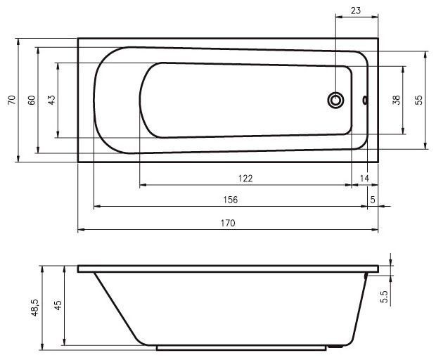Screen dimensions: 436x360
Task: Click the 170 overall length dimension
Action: coord(228,223)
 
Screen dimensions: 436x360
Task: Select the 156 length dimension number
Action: coord(231,200)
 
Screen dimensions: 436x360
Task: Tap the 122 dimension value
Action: coord(245,178)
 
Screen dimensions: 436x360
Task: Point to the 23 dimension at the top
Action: coord(356,11)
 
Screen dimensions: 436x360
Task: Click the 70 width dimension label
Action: coord(12,100)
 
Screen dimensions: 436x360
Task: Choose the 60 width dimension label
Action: coord(32,100)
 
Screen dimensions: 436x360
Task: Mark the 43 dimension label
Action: coord(51,100)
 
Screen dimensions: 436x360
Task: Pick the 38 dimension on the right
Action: coord(397,100)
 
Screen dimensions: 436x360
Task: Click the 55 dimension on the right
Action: coord(418,100)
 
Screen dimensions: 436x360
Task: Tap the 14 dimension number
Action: coord(364,178)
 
